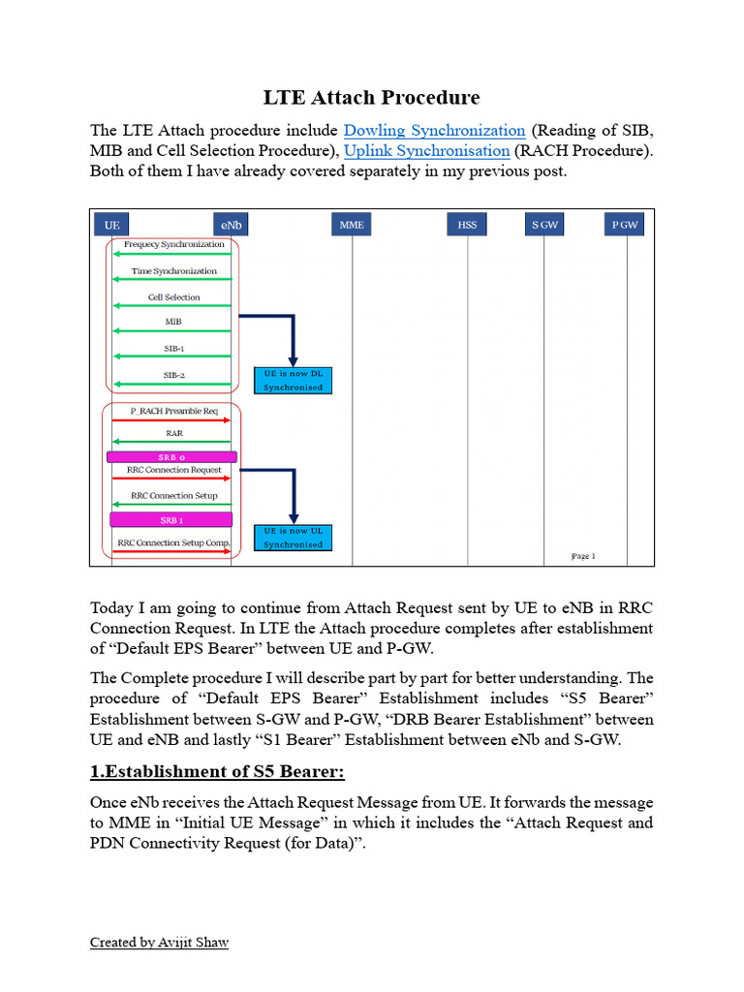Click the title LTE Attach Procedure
coord(372,97)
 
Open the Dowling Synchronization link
coord(434,130)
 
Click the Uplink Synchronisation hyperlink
coord(426,150)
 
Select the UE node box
coord(112,225)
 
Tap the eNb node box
coord(232,225)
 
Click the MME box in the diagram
coord(352,225)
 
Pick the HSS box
coord(468,225)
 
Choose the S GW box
coord(544,225)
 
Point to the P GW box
coord(625,225)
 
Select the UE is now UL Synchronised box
coord(293,538)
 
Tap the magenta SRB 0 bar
coord(171,456)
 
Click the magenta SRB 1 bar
coord(171,520)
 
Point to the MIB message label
coord(173,321)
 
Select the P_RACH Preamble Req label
coord(173,411)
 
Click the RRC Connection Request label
coord(174,470)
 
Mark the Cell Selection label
coord(174,297)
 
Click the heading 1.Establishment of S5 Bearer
coord(217,771)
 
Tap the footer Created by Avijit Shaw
coord(159,942)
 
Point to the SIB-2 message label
coord(174,374)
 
